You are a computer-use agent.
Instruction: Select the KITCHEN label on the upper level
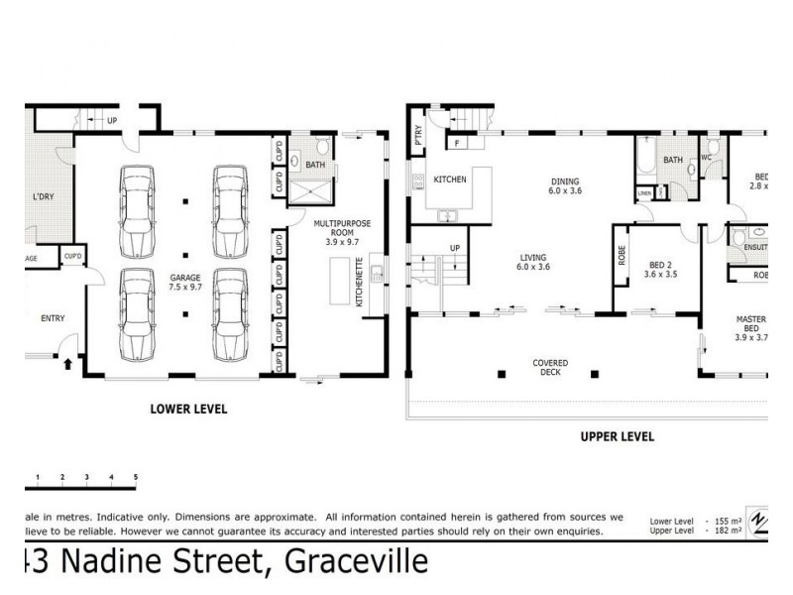point(450,179)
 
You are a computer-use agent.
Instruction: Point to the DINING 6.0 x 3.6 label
point(565,185)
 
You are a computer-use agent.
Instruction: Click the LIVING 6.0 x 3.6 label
point(533,261)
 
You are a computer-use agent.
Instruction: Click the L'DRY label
point(43,196)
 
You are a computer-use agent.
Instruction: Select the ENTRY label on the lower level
point(53,318)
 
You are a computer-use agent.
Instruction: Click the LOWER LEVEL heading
point(188,408)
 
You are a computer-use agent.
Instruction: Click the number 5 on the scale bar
point(136,478)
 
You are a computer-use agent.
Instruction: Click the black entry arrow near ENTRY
point(67,364)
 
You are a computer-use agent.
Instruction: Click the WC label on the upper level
point(707,158)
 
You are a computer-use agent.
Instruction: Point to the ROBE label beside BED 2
point(620,257)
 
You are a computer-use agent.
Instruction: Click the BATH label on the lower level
point(315,165)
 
